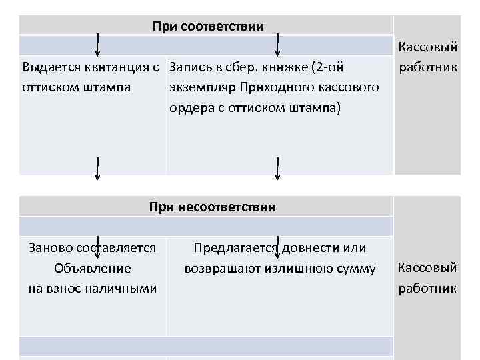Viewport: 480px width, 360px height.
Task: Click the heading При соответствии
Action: tap(208, 27)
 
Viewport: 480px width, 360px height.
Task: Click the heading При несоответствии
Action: tap(213, 207)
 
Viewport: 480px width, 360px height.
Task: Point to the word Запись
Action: tap(189, 67)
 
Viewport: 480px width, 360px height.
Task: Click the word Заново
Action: tap(49, 248)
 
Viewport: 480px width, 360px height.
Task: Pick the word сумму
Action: tap(356, 268)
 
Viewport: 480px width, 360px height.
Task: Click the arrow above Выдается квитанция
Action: tap(98, 45)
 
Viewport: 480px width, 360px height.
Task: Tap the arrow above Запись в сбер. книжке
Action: tap(277, 45)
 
